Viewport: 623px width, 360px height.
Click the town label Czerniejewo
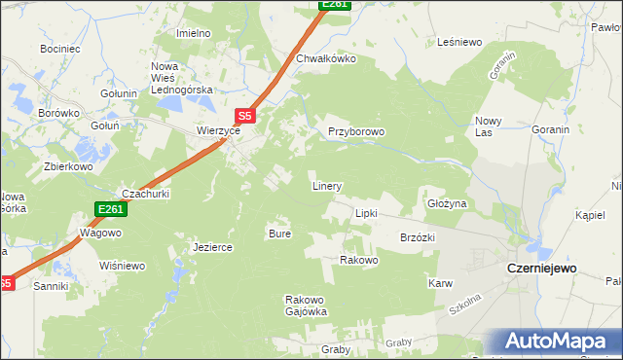542,268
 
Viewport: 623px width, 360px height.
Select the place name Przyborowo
357,131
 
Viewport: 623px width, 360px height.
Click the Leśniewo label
460,42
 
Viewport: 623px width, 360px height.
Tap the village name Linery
326,185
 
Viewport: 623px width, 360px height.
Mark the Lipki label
366,212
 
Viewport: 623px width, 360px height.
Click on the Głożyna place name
448,204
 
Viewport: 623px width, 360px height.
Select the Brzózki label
418,237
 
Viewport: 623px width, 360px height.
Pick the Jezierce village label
213,247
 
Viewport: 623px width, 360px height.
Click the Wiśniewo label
122,266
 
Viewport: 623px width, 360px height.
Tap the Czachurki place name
145,193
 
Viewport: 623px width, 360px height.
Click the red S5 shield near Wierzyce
245,116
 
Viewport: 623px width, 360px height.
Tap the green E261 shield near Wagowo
110,209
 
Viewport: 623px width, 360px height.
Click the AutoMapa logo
554,342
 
